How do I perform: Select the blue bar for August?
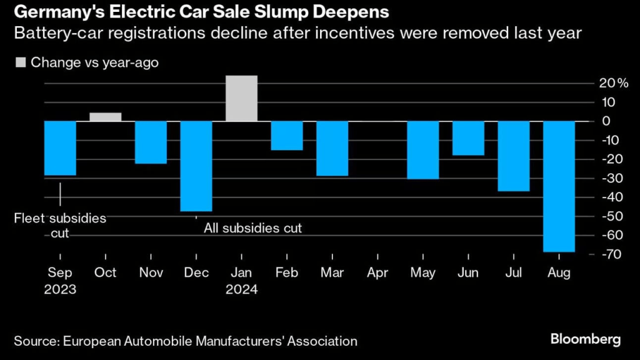click(x=559, y=186)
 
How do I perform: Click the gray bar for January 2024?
click(x=241, y=98)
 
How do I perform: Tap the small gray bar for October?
click(x=106, y=117)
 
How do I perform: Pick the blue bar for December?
click(x=196, y=166)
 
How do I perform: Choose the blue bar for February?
click(x=287, y=136)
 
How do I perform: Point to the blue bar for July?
click(x=513, y=156)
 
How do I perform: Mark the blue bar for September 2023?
click(x=60, y=148)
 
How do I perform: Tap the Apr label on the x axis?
click(x=377, y=273)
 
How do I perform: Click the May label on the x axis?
click(x=423, y=273)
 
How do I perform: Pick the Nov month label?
click(x=151, y=273)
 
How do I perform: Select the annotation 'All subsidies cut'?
click(x=252, y=228)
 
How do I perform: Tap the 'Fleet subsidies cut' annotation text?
click(x=60, y=226)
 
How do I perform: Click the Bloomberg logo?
click(x=586, y=339)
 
